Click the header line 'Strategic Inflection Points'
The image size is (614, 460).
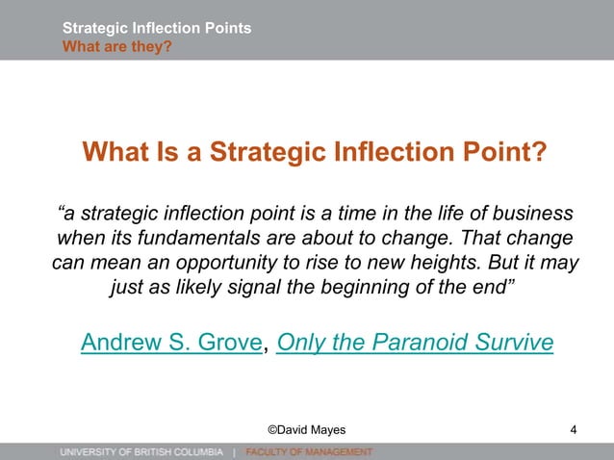point(157,28)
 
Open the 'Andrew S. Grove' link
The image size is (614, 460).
point(171,343)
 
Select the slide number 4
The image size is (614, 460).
point(574,429)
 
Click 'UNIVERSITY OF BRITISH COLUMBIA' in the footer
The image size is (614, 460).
point(141,451)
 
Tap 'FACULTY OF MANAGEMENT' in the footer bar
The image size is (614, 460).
point(308,451)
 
